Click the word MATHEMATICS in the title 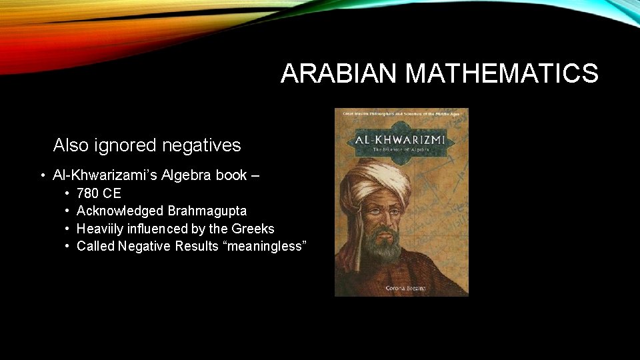coord(502,73)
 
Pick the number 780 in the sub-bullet coord(89,194)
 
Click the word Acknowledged coord(120,211)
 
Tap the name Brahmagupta coord(207,211)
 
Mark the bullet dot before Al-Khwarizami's coord(42,176)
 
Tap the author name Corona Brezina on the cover coord(401,287)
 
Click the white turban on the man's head coord(377,177)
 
